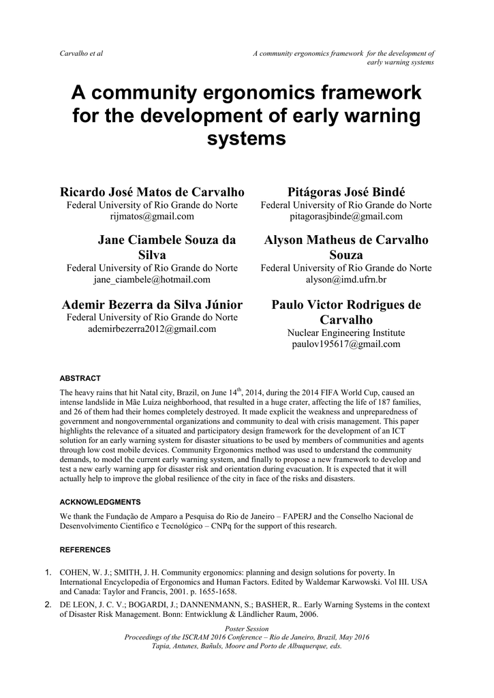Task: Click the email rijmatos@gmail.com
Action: (x=152, y=216)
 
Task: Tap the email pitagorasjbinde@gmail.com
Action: (x=346, y=216)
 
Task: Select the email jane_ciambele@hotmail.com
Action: (x=152, y=279)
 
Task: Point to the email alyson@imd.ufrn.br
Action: (x=346, y=279)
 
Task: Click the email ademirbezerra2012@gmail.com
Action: (x=152, y=329)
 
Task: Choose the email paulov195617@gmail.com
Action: (x=346, y=344)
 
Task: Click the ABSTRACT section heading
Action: (x=80, y=378)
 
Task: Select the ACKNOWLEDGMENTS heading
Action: (x=100, y=502)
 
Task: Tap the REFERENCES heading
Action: (x=84, y=549)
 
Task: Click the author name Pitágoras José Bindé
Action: (x=346, y=192)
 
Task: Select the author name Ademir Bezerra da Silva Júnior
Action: (x=152, y=304)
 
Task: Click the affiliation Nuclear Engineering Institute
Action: (x=346, y=333)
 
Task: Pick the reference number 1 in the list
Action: (x=48, y=571)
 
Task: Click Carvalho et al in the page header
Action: (x=81, y=53)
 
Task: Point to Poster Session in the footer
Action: (x=246, y=628)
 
